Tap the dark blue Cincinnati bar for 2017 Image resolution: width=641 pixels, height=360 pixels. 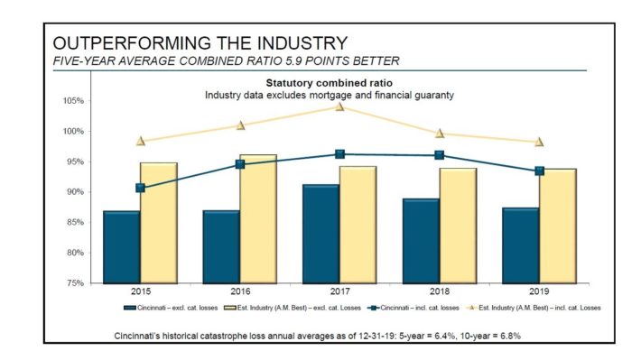320,234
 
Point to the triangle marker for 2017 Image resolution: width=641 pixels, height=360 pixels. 339,106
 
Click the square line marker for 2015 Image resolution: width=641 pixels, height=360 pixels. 140,188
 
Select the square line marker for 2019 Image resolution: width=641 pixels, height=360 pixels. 539,171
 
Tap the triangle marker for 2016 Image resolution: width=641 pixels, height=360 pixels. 240,125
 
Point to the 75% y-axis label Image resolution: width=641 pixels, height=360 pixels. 76,283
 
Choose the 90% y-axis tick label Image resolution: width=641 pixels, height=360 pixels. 76,192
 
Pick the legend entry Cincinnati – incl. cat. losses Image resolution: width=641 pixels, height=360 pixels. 397,308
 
